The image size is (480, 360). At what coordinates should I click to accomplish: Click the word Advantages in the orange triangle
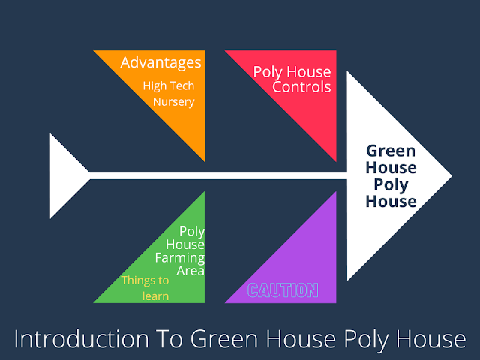(x=160, y=61)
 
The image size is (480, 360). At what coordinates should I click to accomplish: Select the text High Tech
(x=169, y=85)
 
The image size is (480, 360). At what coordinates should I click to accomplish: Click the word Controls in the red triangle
(x=301, y=87)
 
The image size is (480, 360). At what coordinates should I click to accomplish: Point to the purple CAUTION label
(x=283, y=290)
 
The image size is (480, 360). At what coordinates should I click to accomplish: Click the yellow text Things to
(x=145, y=280)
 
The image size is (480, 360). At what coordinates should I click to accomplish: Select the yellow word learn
(x=155, y=295)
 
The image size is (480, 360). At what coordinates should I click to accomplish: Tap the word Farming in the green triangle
(x=180, y=258)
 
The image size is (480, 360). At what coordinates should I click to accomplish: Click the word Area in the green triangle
(x=190, y=271)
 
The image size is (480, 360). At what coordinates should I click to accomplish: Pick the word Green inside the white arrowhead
(x=391, y=150)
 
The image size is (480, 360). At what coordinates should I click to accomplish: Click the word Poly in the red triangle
(x=270, y=73)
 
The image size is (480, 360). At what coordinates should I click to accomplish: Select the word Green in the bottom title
(x=219, y=339)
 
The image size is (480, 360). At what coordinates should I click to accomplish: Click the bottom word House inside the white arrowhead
(x=391, y=201)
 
